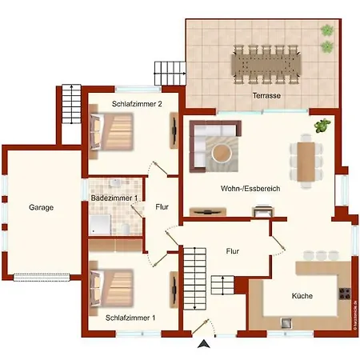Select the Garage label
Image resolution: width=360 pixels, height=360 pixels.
[x=41, y=207]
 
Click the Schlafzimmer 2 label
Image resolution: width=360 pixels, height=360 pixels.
[x=137, y=104]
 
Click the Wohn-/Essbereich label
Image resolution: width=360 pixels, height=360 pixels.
[x=250, y=189]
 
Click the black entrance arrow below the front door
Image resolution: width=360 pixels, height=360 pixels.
[x=205, y=344]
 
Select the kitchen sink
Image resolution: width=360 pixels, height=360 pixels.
[x=284, y=323]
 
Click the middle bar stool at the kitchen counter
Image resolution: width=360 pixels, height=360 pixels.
[x=320, y=254]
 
